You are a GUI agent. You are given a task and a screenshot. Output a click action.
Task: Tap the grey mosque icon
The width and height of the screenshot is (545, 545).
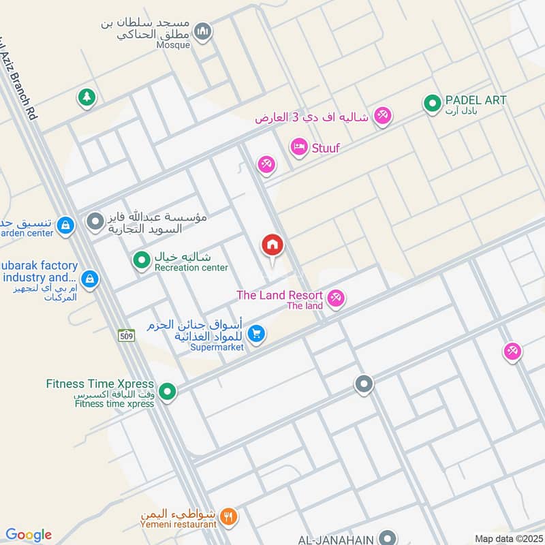point(202,31)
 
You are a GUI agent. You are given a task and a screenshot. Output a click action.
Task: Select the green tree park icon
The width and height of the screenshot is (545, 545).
point(86,97)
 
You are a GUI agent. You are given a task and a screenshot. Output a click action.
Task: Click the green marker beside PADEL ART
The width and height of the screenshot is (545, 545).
point(431,104)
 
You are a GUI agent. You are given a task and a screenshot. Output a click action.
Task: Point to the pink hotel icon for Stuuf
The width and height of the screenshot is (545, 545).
point(298,146)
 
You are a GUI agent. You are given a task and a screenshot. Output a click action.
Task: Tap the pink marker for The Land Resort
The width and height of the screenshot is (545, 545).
point(335,298)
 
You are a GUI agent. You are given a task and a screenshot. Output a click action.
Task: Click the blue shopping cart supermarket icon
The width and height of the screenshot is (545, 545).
point(256,333)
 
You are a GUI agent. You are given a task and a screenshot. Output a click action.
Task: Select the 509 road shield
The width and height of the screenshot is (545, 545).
point(126,335)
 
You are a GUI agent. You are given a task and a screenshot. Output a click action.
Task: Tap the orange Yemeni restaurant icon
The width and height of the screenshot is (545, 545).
point(230,517)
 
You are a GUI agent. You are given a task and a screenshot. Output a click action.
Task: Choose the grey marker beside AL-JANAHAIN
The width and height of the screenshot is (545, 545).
point(387,538)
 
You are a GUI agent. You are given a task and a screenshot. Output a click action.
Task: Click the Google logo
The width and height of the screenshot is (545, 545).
point(28,535)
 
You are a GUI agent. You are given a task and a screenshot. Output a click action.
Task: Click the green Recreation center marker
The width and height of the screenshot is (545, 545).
point(142,260)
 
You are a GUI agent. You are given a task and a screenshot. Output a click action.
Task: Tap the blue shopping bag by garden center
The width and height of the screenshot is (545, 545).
point(65,224)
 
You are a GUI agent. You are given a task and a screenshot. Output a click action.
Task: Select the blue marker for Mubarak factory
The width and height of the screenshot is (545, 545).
point(89,279)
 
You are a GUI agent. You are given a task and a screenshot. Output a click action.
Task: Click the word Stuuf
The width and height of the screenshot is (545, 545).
point(325,147)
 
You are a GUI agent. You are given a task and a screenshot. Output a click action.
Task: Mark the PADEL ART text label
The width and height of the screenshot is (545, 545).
point(476,100)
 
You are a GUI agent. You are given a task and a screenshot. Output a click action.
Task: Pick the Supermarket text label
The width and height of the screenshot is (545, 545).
point(217,347)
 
